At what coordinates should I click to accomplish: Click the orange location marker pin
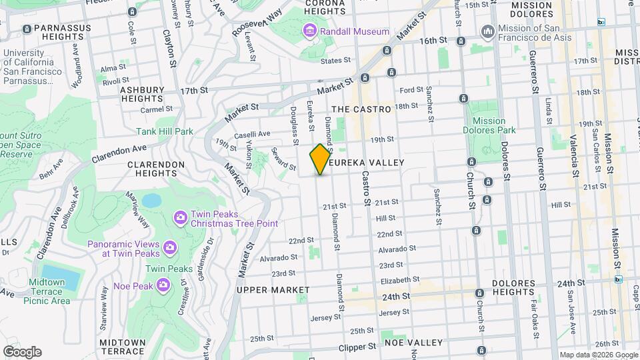click(320, 159)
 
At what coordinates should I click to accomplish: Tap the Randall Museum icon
click(309, 31)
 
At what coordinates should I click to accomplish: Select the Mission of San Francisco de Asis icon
click(488, 31)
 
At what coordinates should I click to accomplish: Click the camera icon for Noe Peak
click(163, 285)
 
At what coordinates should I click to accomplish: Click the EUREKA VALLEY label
click(371, 163)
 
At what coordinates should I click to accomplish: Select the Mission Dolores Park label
click(494, 125)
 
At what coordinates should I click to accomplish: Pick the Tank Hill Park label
click(165, 131)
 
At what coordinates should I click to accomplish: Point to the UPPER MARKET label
click(273, 290)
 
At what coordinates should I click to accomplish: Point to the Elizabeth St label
click(399, 280)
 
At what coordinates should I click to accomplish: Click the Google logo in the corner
click(22, 352)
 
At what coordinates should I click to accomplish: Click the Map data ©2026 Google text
click(598, 355)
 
